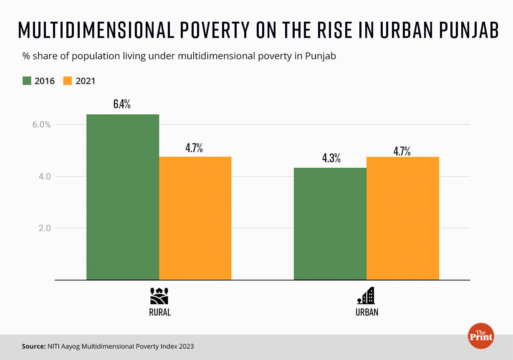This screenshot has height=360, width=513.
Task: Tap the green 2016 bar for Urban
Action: (x=330, y=224)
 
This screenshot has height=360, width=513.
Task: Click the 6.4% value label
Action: (x=122, y=104)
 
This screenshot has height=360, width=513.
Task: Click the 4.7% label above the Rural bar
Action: (x=194, y=148)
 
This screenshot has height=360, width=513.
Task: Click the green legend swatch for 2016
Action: (x=27, y=81)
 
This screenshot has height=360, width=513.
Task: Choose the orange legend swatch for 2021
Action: (x=67, y=81)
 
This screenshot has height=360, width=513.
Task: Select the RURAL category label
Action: (x=160, y=312)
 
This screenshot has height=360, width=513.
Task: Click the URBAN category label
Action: (x=366, y=312)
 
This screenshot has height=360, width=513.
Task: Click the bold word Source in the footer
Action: (x=34, y=346)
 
